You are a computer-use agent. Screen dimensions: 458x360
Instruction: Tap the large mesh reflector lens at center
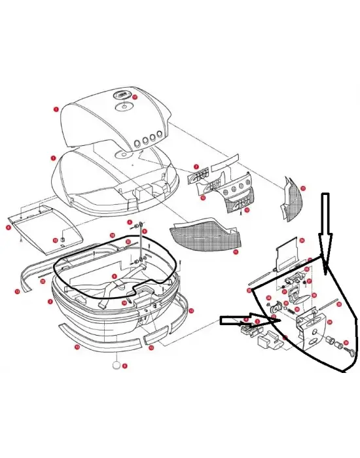pyautogui.click(x=202, y=233)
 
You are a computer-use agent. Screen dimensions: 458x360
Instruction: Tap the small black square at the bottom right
pyautogui.click(x=343, y=375)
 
